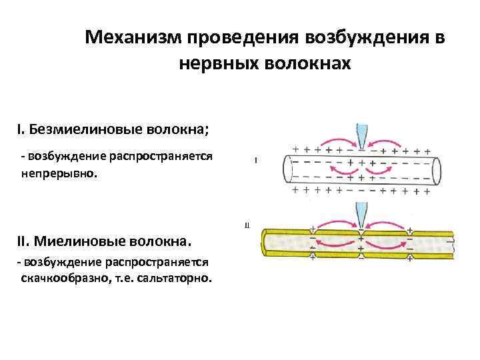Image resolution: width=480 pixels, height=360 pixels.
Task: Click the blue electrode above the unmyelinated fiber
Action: pos(361,137)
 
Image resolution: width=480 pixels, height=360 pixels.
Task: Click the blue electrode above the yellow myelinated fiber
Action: pos(361,215)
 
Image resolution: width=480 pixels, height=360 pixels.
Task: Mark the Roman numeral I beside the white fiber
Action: pos(256,160)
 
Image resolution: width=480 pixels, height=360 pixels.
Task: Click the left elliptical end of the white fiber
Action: pos(287,169)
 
